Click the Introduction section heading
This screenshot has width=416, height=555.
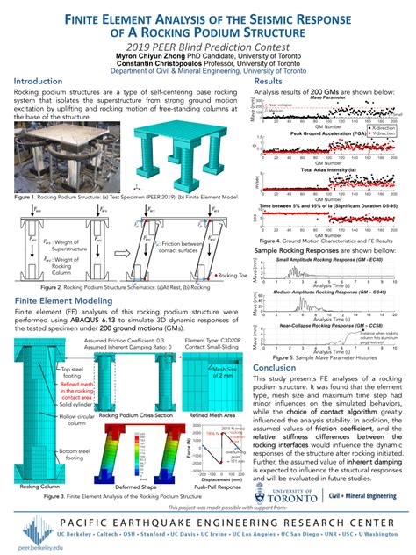click(43, 81)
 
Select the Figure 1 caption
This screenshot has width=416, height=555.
click(118, 198)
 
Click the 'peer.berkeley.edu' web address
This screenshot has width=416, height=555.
click(26, 547)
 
